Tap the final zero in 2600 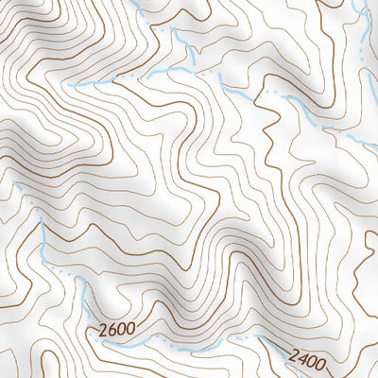point(129,330)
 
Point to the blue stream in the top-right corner point(363,24)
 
